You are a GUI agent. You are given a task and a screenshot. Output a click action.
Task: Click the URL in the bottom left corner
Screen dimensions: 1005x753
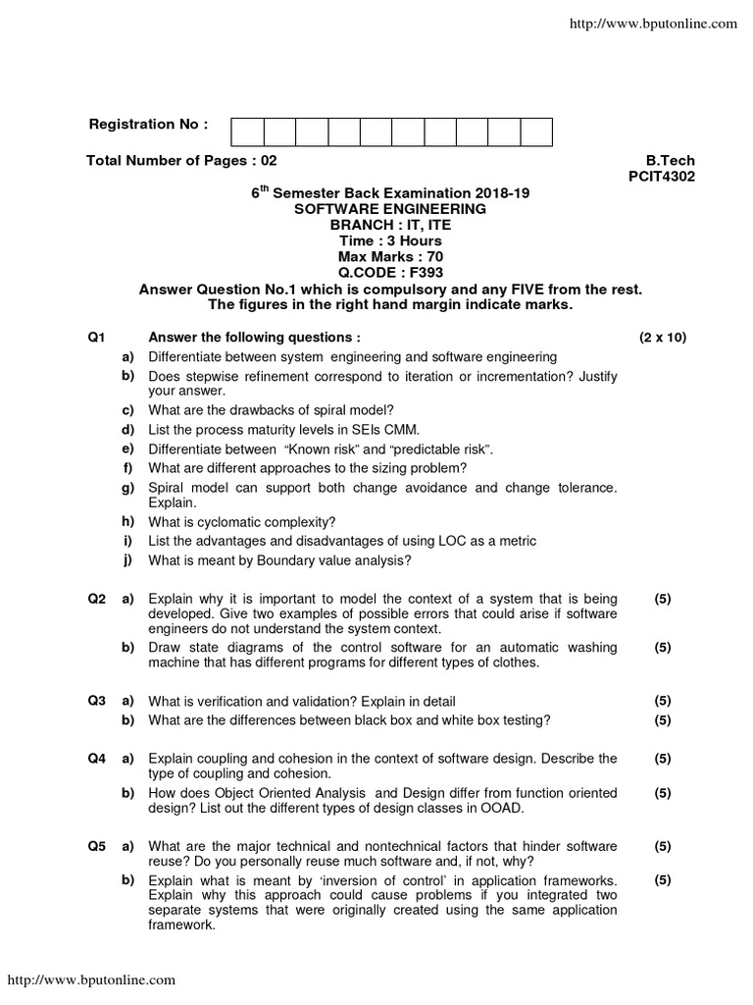tap(92, 979)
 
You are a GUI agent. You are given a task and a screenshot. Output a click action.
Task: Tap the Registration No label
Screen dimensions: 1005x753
tap(149, 125)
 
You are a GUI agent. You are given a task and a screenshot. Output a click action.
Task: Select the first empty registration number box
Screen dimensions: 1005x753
tap(247, 132)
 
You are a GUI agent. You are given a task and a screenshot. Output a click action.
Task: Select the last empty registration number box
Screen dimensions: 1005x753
tap(536, 132)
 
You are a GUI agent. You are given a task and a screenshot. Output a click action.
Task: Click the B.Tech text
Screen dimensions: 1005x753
tap(671, 161)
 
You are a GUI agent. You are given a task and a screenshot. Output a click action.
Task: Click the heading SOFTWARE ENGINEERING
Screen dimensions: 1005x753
tap(389, 209)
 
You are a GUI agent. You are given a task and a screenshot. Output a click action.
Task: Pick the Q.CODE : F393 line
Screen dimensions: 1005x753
tap(389, 272)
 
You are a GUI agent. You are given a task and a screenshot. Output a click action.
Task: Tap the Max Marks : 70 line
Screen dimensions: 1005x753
tap(389, 256)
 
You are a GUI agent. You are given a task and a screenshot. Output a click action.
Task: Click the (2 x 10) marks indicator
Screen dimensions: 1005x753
tap(663, 337)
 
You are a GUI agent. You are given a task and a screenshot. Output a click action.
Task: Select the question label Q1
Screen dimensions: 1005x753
tap(95, 337)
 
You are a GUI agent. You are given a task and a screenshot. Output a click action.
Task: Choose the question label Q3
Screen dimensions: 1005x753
tap(95, 701)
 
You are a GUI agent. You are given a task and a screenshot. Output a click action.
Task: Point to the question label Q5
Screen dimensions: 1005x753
tap(95, 845)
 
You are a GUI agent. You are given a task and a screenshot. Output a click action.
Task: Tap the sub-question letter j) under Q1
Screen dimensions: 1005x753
tap(127, 560)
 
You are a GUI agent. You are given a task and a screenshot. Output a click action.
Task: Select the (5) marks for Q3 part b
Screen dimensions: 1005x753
tap(663, 720)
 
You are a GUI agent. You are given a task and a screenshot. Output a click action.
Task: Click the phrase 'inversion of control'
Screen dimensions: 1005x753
tap(382, 880)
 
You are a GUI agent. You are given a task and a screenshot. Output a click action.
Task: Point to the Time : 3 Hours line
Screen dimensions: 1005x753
tap(389, 240)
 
